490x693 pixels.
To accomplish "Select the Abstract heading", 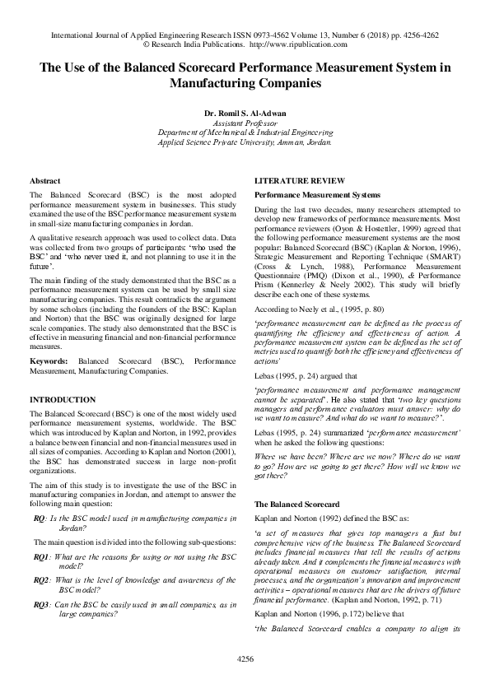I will pyautogui.click(x=44, y=180).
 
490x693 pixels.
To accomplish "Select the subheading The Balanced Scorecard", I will pyautogui.click(x=296, y=503).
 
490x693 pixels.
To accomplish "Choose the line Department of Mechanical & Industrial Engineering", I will pyautogui.click(x=245, y=131).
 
